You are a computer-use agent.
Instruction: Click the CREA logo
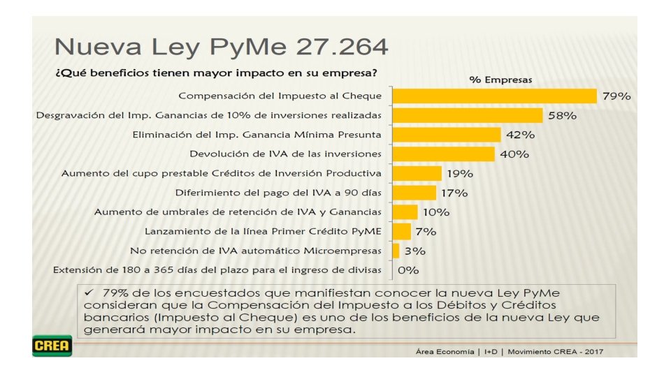52,346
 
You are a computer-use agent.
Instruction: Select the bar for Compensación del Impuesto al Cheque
495,96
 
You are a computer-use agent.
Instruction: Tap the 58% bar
468,115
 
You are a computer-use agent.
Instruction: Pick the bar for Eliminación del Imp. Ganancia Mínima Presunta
447,135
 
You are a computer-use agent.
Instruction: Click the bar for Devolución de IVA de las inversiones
443,154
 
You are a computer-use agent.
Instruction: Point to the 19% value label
460,174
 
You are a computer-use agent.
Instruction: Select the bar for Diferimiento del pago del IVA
414,193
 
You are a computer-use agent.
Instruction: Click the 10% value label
436,212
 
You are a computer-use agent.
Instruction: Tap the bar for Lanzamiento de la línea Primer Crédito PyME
401,231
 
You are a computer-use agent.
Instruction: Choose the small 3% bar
396,251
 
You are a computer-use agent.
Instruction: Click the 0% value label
408,270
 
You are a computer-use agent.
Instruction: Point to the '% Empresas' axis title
500,80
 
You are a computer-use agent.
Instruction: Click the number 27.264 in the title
342,47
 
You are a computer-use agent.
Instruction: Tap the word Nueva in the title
98,47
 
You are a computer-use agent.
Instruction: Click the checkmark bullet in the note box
89,293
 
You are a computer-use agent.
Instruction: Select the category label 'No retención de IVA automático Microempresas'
256,251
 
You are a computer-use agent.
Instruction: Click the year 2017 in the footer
594,352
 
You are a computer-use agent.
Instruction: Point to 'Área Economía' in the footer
445,352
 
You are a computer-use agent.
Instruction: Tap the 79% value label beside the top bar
616,96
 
